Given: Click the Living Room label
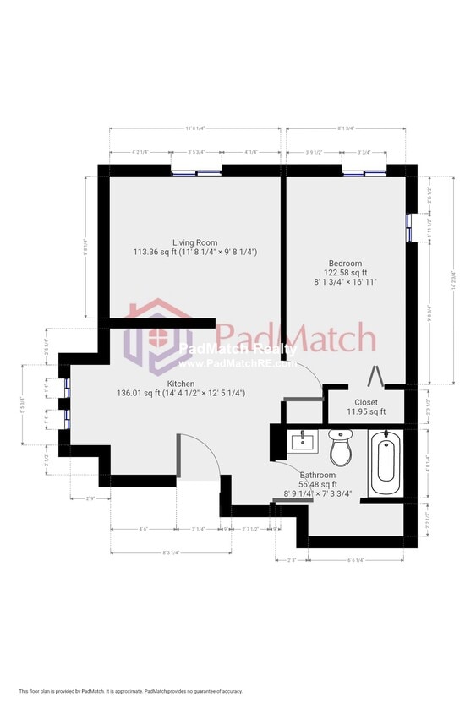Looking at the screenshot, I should coord(194,242).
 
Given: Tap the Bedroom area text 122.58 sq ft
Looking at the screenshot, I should coord(346,273).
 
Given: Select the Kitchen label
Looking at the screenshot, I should coord(181,384).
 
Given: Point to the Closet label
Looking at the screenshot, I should coord(366,403).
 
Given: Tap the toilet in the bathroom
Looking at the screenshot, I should coord(341,448).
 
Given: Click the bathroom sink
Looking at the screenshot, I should coord(303,442).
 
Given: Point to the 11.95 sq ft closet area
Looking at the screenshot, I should coord(366,412).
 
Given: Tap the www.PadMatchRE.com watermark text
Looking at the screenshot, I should coord(238,364).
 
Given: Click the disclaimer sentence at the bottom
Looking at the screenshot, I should coord(130,691).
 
